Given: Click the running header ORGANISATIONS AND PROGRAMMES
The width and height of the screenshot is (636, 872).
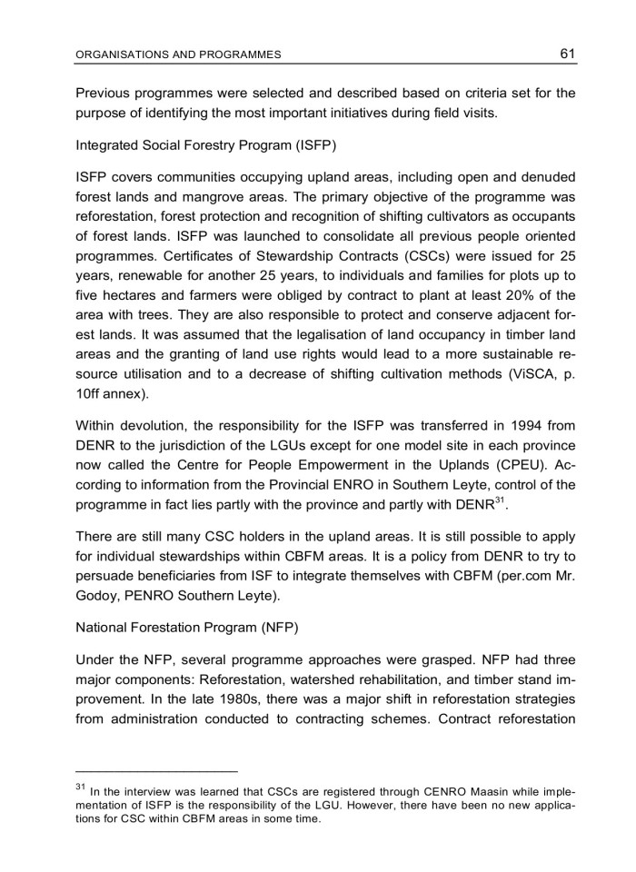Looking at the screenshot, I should coord(178,54).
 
